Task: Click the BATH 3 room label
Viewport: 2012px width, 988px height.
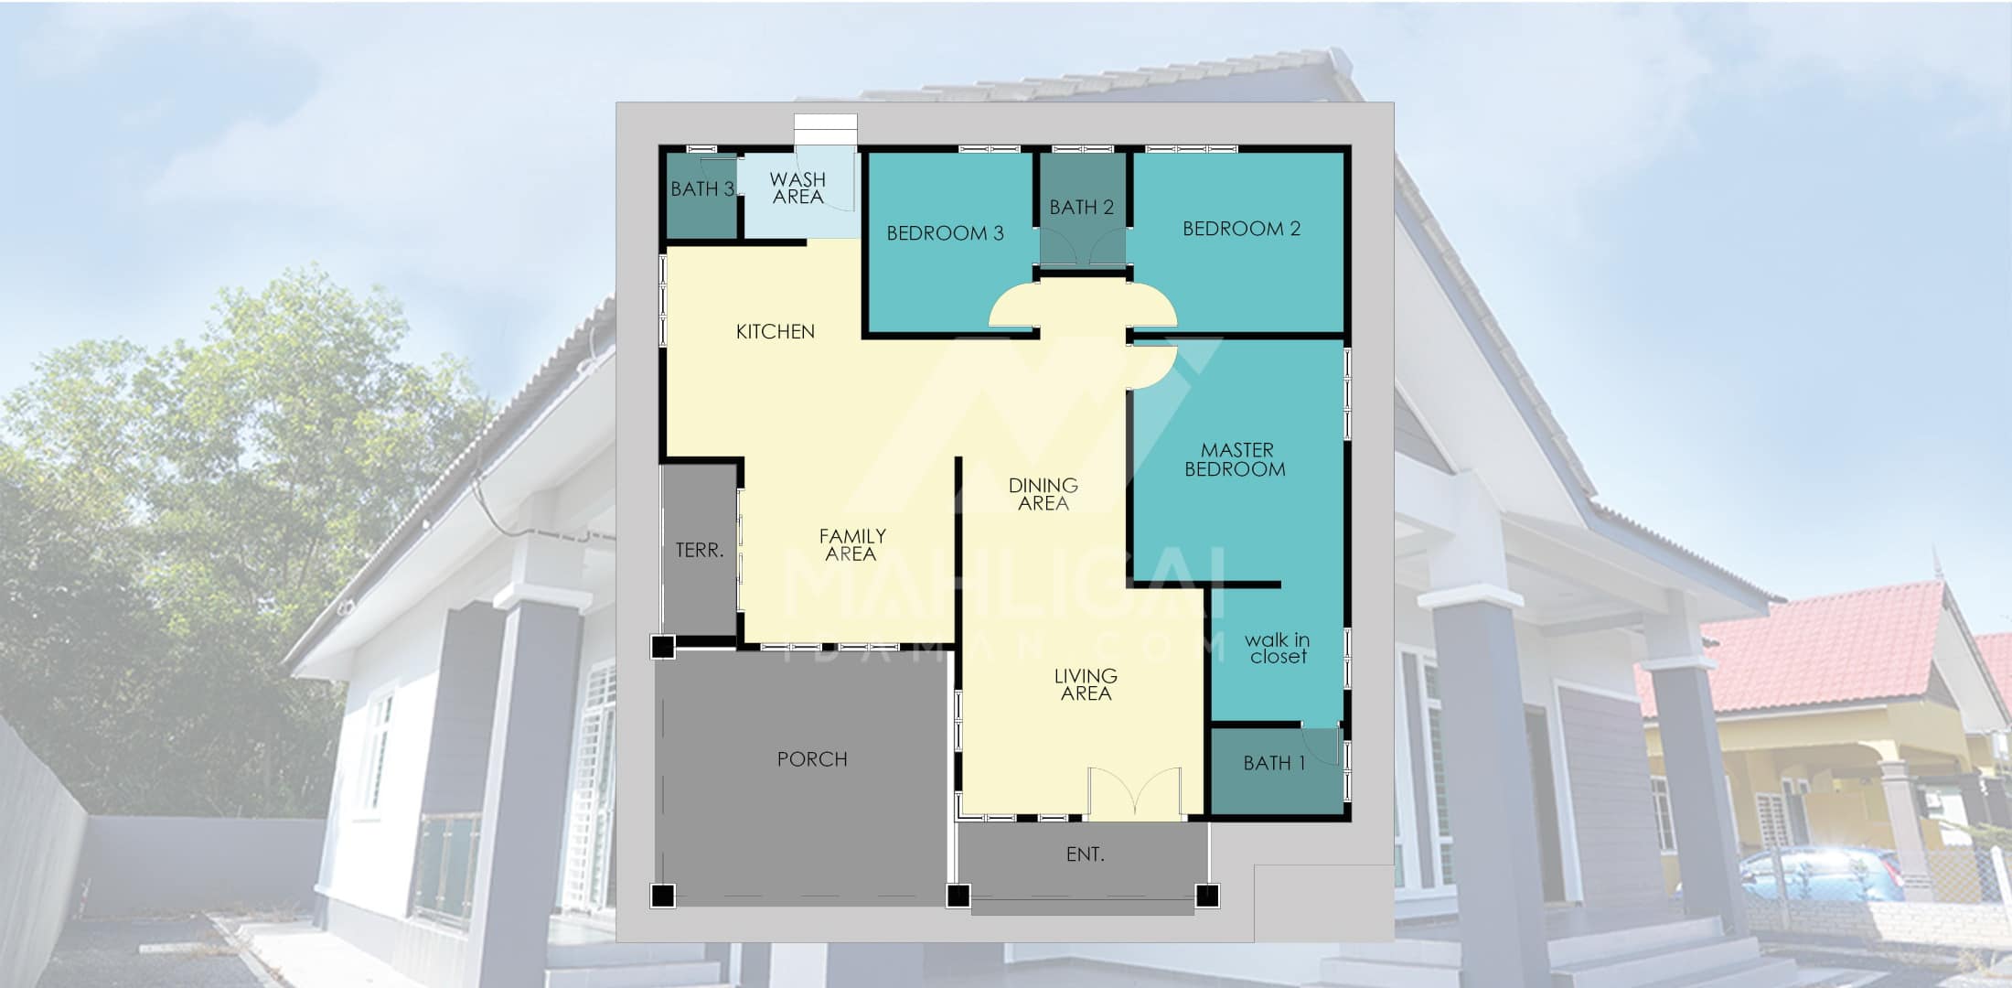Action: pyautogui.click(x=702, y=189)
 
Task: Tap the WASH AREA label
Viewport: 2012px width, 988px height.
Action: pyautogui.click(x=797, y=188)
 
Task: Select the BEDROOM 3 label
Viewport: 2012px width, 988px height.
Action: pyautogui.click(x=945, y=233)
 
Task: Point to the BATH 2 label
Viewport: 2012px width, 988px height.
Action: pyautogui.click(x=1081, y=208)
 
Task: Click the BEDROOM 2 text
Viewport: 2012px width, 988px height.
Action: pyautogui.click(x=1241, y=229)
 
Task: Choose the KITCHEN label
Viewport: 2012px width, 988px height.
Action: pyautogui.click(x=775, y=331)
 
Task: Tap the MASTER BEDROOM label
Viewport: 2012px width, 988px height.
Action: pyautogui.click(x=1236, y=459)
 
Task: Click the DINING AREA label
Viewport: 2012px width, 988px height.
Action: pyautogui.click(x=1043, y=494)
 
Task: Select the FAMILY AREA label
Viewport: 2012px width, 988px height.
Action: pyautogui.click(x=851, y=544)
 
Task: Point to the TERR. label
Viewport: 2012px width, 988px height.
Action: pyautogui.click(x=700, y=550)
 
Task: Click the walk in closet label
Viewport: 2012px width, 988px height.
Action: pyautogui.click(x=1278, y=648)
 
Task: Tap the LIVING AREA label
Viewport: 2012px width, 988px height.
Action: pyautogui.click(x=1086, y=684)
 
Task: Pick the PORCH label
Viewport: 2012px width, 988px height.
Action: pyautogui.click(x=812, y=759)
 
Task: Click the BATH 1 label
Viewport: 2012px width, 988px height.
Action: pyautogui.click(x=1274, y=763)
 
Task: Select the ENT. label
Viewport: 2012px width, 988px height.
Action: pyautogui.click(x=1086, y=854)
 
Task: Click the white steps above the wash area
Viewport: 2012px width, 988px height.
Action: pyautogui.click(x=826, y=129)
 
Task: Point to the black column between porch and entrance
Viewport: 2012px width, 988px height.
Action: pyautogui.click(x=958, y=896)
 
